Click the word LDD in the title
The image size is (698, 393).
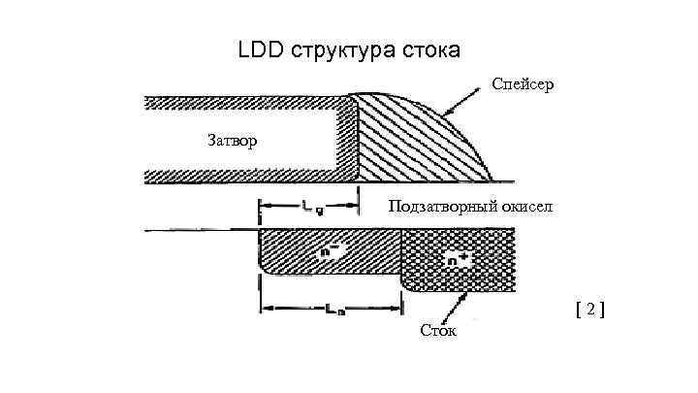tap(259, 49)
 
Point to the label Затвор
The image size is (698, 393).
tap(233, 141)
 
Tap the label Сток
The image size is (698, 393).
tap(439, 332)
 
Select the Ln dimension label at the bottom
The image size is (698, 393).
tap(333, 311)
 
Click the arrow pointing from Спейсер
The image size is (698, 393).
tap(466, 101)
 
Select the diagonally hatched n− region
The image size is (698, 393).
tap(301, 257)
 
